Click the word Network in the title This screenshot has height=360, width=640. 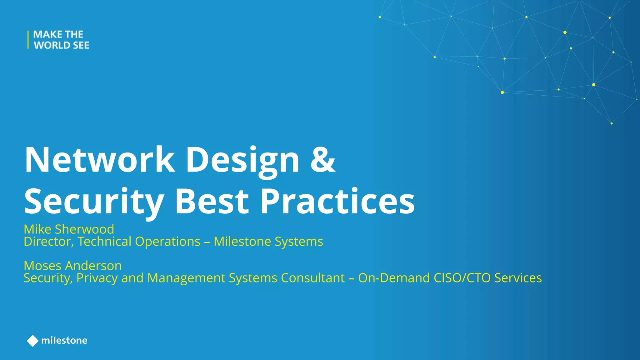click(99, 160)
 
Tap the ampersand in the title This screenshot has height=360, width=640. click(323, 160)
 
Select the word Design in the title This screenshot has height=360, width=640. click(242, 160)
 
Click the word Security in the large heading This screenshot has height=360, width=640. click(94, 202)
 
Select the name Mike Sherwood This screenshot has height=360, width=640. click(69, 229)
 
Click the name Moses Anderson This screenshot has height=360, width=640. click(72, 266)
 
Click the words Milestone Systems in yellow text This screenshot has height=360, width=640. click(268, 242)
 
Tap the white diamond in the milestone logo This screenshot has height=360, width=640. click(32, 341)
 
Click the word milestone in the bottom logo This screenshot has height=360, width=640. click(64, 340)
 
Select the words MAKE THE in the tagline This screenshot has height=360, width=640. click(58, 34)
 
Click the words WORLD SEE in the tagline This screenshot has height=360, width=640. click(62, 45)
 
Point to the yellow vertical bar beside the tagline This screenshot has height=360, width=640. click(28, 40)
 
